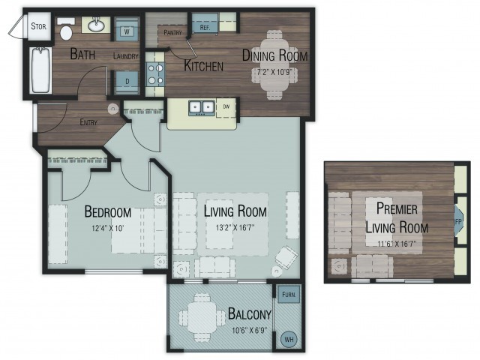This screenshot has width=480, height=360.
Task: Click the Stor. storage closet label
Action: point(39,26)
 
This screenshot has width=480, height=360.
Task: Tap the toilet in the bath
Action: point(66,29)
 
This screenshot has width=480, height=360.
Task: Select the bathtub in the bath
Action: point(40,70)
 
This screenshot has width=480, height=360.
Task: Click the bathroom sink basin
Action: point(96,25)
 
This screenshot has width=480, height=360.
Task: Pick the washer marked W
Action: point(127,29)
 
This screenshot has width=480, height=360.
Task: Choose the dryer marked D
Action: point(127,82)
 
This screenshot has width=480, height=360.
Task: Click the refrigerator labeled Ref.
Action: point(205,22)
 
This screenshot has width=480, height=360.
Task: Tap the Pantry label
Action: point(172,32)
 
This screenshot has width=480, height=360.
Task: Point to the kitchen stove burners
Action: point(155,73)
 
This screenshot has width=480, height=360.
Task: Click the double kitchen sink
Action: point(202,107)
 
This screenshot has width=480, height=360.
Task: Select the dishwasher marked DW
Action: point(226,107)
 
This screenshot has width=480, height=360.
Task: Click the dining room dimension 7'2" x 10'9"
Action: point(274,73)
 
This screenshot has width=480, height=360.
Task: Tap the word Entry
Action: point(88,122)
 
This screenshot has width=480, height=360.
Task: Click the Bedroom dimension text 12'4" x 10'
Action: point(108,228)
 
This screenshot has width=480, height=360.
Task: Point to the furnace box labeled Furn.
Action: point(289,295)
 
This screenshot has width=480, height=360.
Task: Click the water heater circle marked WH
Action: point(289,339)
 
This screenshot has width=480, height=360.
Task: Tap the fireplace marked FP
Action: point(458,221)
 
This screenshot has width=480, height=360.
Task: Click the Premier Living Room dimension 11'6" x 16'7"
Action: point(397,244)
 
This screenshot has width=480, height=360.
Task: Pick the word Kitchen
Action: point(203,66)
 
